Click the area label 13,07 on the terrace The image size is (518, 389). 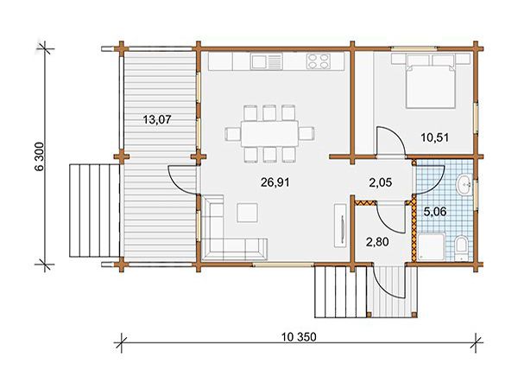tap(157, 119)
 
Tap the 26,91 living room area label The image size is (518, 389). tap(275, 182)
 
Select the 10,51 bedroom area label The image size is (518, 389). tap(435, 137)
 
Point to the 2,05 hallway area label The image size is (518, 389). tap(381, 182)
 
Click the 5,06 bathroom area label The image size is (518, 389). tap(435, 212)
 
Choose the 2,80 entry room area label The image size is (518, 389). tap(377, 242)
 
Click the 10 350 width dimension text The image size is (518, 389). tap(299, 337)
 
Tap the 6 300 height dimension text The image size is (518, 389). tap(39, 156)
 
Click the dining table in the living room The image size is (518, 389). tap(269, 134)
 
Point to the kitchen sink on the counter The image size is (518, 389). tap(266, 61)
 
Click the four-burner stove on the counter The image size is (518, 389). tap(319, 61)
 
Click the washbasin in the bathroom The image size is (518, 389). tap(464, 185)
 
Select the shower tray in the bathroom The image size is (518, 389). tap(432, 246)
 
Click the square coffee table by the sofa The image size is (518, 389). tap(247, 213)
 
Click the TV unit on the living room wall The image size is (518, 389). tap(340, 226)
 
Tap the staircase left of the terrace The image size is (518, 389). tap(94, 210)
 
